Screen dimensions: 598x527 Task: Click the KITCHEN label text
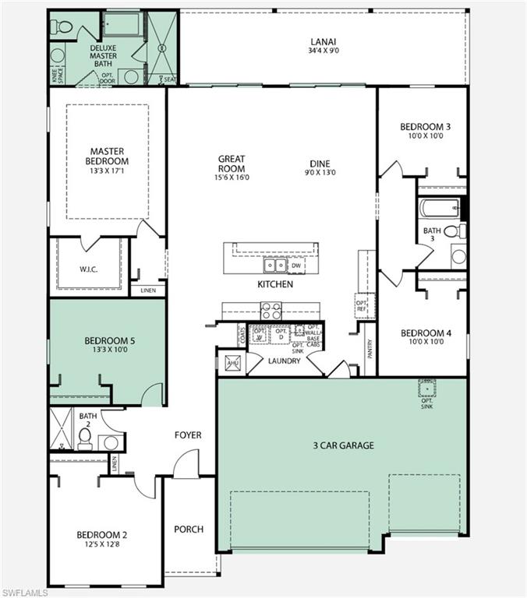[x=275, y=285]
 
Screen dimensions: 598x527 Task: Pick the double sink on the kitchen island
[x=274, y=266]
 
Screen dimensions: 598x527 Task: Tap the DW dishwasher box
[x=295, y=266]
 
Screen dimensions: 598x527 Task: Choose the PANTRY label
[x=370, y=347]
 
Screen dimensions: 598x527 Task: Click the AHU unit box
[x=232, y=363]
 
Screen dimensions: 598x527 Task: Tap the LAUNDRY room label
[x=284, y=361]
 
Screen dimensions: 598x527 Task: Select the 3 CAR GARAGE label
[x=342, y=445]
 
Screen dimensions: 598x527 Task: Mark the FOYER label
[x=188, y=435]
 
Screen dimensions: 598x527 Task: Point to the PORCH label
[x=188, y=529]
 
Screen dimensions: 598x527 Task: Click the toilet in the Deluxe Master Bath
[x=62, y=28]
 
